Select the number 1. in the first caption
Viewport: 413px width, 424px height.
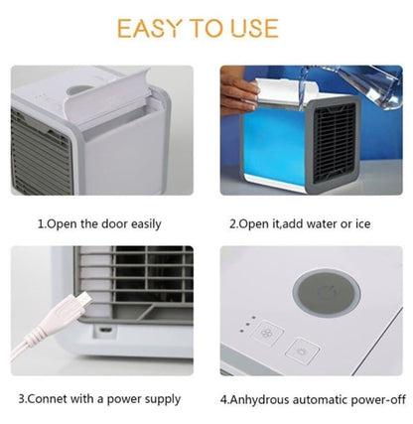[x=42, y=223]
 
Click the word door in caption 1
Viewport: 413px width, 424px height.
[x=106, y=223]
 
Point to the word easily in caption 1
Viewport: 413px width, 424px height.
[x=143, y=223]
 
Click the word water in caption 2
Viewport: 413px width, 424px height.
[x=315, y=223]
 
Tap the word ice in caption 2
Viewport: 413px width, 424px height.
[x=362, y=223]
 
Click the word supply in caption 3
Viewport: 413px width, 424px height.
[x=163, y=399]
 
